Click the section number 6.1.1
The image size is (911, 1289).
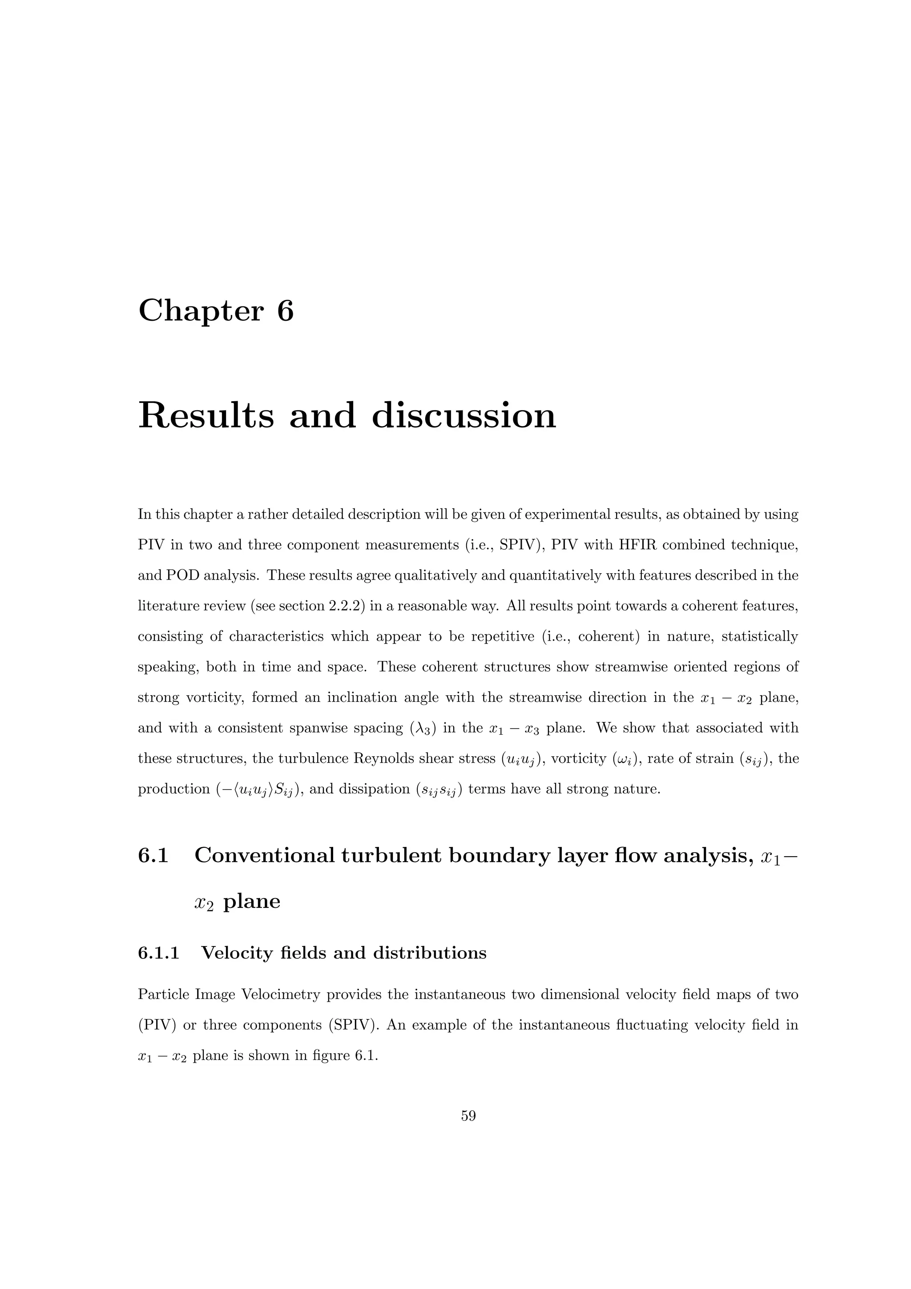pyautogui.click(x=158, y=953)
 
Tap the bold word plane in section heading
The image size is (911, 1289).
pyautogui.click(x=251, y=901)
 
